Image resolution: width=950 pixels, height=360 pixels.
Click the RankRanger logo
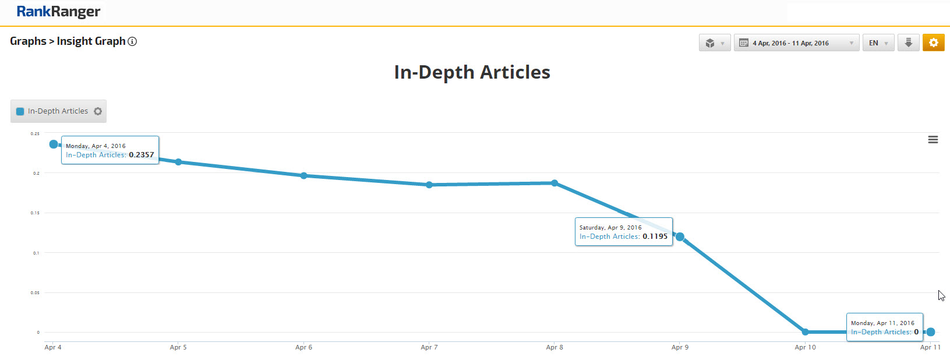click(58, 12)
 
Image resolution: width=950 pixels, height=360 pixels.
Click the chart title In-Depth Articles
click(472, 72)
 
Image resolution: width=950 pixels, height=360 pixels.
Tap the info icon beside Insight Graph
click(133, 41)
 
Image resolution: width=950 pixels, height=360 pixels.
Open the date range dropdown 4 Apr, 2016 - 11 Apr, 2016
click(796, 43)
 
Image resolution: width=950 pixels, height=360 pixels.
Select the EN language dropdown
click(878, 43)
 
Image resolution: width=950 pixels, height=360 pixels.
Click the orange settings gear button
click(933, 43)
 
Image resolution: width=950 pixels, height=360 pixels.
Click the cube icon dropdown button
click(714, 43)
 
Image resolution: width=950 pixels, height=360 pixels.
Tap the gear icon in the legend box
click(98, 111)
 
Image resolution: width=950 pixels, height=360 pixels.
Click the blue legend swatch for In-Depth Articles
click(20, 111)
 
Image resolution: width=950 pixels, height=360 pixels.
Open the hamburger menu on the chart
click(933, 140)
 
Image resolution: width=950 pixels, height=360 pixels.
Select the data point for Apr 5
click(178, 162)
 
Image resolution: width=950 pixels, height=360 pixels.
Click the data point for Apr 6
click(303, 175)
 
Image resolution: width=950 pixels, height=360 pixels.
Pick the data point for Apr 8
click(555, 183)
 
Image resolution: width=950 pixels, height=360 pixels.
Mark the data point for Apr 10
click(805, 332)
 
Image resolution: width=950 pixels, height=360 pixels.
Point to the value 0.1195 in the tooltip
click(655, 237)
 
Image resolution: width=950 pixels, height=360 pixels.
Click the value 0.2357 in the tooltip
click(141, 155)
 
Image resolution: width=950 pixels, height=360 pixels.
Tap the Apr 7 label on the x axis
click(429, 347)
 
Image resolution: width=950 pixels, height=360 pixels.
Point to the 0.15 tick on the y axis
click(36, 213)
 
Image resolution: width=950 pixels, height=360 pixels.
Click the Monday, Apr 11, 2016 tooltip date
click(882, 323)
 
